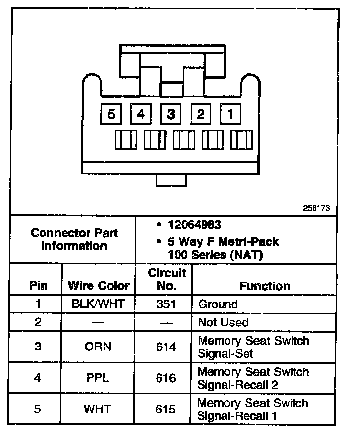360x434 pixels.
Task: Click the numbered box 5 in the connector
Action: click(112, 114)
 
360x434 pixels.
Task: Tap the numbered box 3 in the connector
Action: click(171, 114)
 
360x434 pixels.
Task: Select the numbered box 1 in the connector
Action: click(230, 114)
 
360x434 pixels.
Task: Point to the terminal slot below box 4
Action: click(155, 141)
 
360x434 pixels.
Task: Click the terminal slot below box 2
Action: click(212, 141)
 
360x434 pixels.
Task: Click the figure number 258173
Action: click(317, 208)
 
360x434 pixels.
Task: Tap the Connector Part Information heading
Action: click(74, 239)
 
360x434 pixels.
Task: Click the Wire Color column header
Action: click(99, 285)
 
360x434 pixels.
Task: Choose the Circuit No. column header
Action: click(167, 279)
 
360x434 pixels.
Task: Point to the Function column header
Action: click(265, 286)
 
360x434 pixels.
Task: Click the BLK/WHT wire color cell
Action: click(98, 304)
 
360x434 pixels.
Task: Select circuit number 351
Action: click(166, 304)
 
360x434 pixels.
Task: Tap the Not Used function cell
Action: click(223, 323)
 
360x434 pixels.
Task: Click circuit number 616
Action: click(166, 378)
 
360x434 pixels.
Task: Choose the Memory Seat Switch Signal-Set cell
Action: click(253, 347)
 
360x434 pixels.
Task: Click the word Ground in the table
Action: click(218, 304)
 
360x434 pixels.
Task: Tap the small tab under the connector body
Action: click(171, 180)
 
